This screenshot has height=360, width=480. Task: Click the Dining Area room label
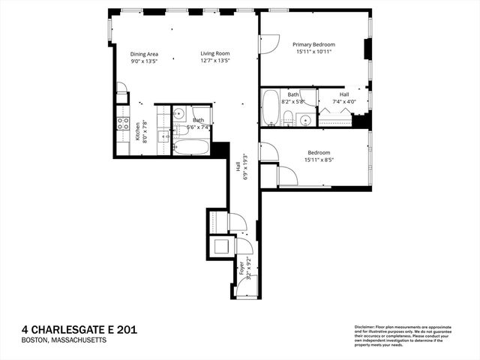click(144, 54)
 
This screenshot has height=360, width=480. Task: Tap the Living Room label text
click(214, 54)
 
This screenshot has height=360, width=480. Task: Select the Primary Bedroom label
click(313, 45)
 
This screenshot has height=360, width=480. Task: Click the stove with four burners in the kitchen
click(122, 124)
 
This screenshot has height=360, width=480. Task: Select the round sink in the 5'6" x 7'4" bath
click(179, 114)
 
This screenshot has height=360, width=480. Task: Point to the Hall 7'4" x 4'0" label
click(344, 98)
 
